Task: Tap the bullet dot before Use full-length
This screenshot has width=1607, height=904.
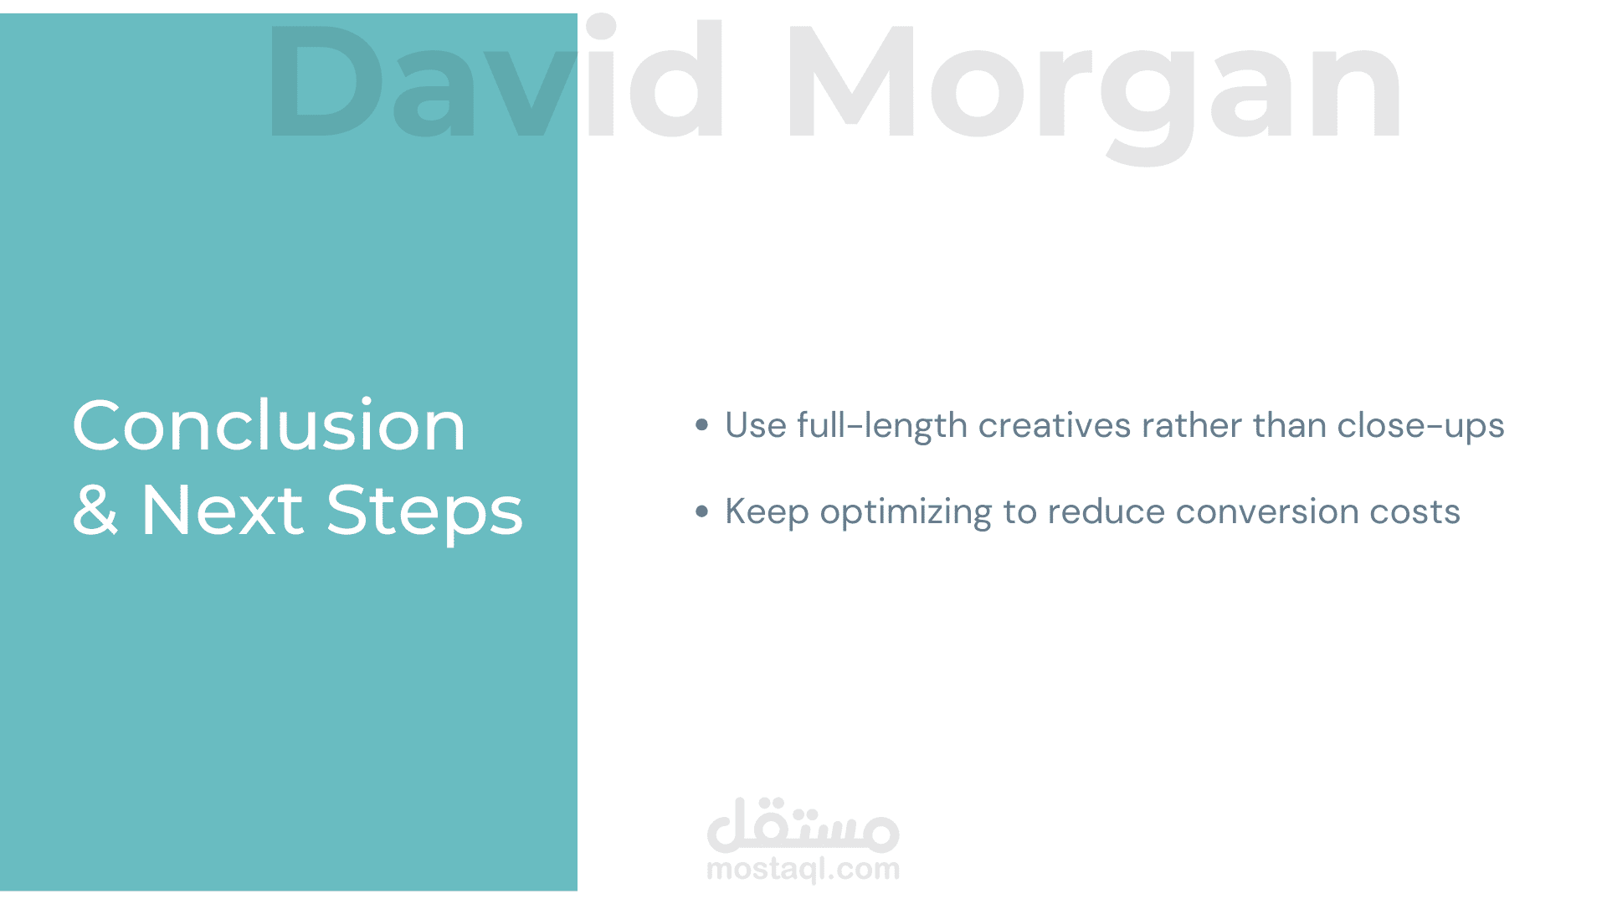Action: coord(702,425)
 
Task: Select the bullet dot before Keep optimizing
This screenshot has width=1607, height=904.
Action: coord(702,511)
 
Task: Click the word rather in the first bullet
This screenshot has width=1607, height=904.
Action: coord(1192,425)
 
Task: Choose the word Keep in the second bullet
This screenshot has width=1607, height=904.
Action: coord(767,511)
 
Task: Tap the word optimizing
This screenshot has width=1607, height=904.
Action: coord(906,511)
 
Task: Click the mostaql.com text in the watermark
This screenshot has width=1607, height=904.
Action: coord(803,870)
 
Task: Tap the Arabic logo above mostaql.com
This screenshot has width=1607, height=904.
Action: coord(803,824)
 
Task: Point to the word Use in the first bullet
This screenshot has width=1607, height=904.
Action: coord(756,425)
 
